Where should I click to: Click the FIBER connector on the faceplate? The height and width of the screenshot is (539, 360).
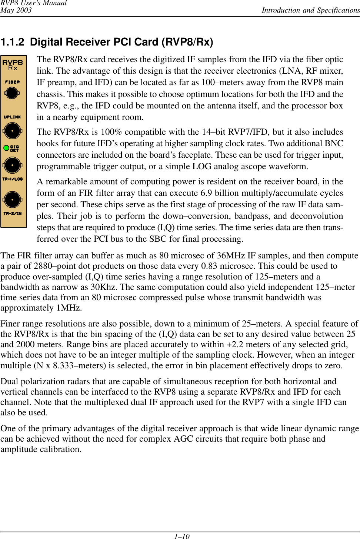click(x=12, y=93)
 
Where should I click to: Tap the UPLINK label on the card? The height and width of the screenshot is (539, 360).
click(x=12, y=117)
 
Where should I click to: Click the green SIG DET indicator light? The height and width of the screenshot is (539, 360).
click(x=6, y=148)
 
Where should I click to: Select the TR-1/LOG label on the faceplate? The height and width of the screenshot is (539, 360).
click(x=13, y=179)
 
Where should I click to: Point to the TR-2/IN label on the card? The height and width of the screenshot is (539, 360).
click(x=13, y=214)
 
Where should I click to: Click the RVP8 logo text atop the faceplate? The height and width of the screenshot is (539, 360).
click(x=13, y=62)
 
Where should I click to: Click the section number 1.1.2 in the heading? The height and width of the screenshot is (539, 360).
click(x=12, y=42)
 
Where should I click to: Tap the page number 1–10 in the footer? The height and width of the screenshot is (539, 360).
click(x=182, y=536)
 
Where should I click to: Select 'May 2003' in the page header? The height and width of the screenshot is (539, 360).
click(x=16, y=10)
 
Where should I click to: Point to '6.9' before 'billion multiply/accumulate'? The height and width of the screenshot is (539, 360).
click(x=207, y=193)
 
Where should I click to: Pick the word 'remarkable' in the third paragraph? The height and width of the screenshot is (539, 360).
click(x=67, y=182)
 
